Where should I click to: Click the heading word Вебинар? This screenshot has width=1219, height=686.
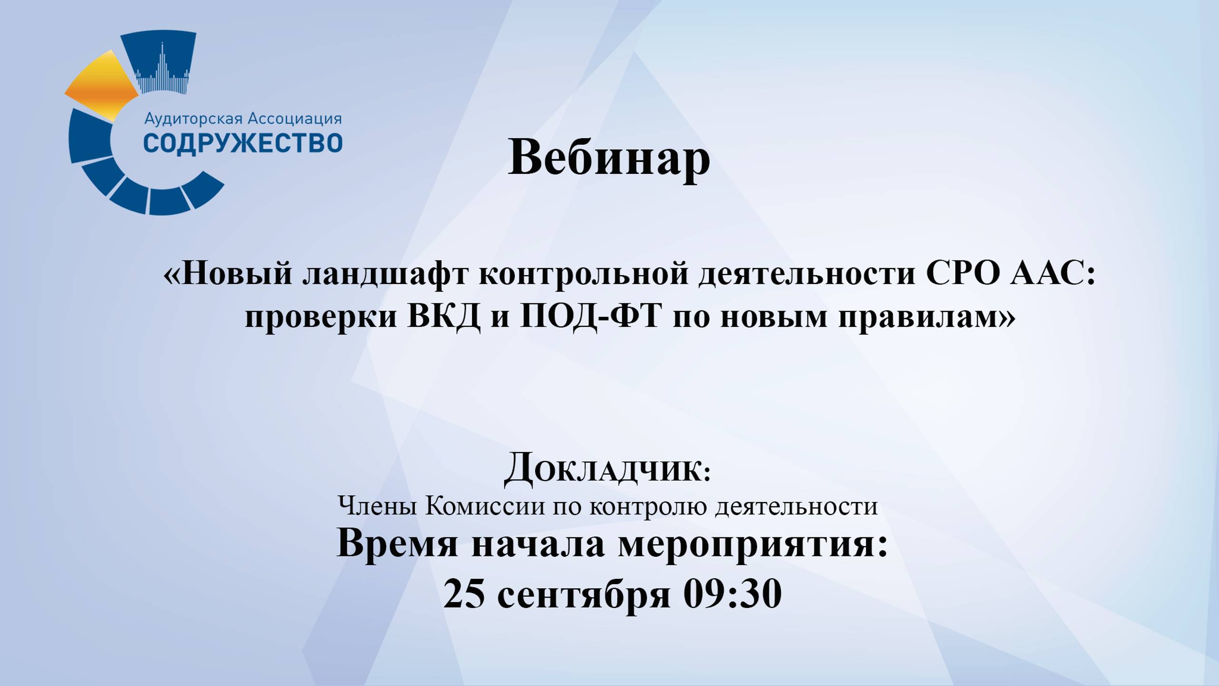[x=609, y=158]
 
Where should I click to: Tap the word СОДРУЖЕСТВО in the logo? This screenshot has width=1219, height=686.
[x=243, y=143]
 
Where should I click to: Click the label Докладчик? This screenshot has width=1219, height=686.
[x=608, y=469]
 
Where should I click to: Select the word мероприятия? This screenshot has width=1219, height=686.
[x=753, y=545]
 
